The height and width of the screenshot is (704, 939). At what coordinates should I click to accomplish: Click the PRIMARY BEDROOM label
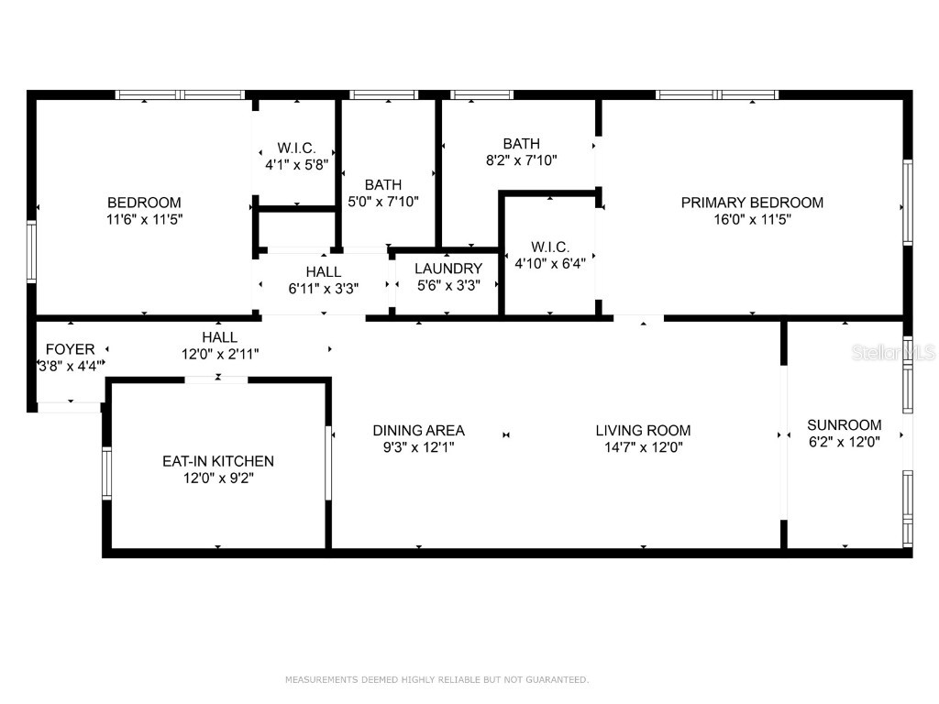pos(752,203)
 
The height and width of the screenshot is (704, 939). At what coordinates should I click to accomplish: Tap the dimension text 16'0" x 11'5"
pos(752,220)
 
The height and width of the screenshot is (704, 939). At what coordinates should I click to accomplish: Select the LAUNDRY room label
pos(447,269)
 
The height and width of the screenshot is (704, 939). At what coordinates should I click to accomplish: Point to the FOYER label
pos(70,349)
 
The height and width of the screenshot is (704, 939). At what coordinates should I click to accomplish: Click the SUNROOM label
pos(844,424)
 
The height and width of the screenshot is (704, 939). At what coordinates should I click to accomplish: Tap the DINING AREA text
pos(418,430)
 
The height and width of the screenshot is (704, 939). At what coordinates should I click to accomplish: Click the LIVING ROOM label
pos(643,430)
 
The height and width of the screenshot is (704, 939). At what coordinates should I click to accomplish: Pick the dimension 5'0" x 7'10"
pos(383,202)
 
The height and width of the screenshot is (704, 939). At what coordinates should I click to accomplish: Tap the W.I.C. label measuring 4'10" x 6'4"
pos(550,247)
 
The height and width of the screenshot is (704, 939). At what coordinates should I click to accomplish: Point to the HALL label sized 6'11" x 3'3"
pos(323,272)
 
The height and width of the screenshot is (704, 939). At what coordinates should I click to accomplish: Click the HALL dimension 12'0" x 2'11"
pos(220,355)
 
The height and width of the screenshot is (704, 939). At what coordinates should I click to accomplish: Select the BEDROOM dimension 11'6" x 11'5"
pos(144,220)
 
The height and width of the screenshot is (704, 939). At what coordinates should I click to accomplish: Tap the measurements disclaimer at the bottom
pos(436,680)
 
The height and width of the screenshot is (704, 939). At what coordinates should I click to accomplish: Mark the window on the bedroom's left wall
pos(31,252)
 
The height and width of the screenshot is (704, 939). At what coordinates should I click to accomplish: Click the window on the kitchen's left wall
pos(106,472)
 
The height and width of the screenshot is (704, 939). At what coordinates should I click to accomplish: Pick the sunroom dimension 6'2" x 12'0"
pos(844,442)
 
